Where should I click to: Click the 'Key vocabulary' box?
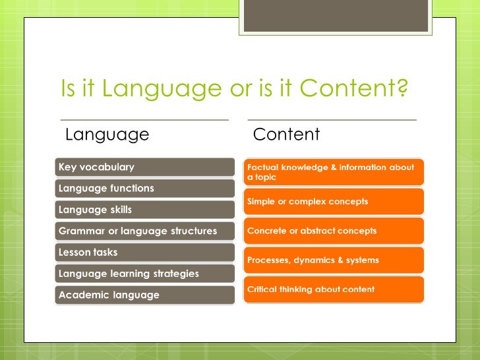click(144, 167)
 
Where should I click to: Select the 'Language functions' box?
click(144, 189)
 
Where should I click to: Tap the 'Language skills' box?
click(144, 210)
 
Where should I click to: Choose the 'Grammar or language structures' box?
click(144, 231)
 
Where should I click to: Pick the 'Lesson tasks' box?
click(144, 252)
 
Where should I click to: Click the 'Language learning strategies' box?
click(144, 273)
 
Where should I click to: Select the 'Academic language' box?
click(144, 295)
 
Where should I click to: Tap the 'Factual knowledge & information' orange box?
click(334, 172)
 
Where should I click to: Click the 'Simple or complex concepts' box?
click(334, 201)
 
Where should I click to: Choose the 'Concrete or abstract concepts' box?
click(334, 231)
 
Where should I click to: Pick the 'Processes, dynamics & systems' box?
click(334, 260)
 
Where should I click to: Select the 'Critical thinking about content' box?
click(334, 289)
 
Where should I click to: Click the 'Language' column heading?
click(107, 135)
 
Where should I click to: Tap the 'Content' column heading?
click(286, 135)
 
